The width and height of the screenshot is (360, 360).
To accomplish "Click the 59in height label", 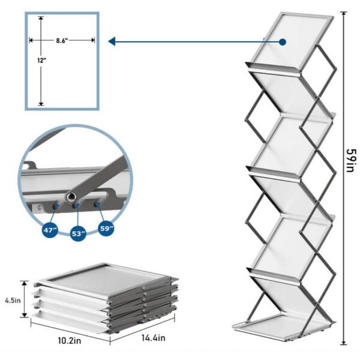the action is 351,160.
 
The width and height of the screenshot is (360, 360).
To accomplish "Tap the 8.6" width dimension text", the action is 62,41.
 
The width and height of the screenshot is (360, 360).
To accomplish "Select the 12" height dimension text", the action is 42,61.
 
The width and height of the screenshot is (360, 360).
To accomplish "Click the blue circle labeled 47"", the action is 50,229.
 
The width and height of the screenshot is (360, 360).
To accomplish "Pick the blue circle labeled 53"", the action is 78,233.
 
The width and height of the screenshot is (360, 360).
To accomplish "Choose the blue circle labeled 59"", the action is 106,229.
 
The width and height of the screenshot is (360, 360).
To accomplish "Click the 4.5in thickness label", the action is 13,301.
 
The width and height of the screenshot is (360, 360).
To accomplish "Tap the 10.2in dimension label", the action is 70,341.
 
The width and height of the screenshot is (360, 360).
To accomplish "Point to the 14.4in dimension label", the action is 153,338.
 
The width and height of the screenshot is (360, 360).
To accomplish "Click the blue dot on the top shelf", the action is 283,42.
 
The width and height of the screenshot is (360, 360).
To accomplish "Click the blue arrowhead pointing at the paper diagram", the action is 112,41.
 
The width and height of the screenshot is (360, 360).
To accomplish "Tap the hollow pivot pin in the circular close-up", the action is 71,197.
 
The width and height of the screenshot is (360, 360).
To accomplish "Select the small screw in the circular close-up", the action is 40,208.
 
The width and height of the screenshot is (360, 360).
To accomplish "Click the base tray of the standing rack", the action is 284,326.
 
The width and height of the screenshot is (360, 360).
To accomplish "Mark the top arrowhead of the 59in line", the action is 343,14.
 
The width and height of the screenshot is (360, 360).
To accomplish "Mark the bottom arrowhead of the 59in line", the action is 343,343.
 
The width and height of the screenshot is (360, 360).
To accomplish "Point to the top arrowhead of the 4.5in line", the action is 25,283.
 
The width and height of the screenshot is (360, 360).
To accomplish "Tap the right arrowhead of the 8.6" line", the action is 92,40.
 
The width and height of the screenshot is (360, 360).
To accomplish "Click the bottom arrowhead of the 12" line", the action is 41,103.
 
